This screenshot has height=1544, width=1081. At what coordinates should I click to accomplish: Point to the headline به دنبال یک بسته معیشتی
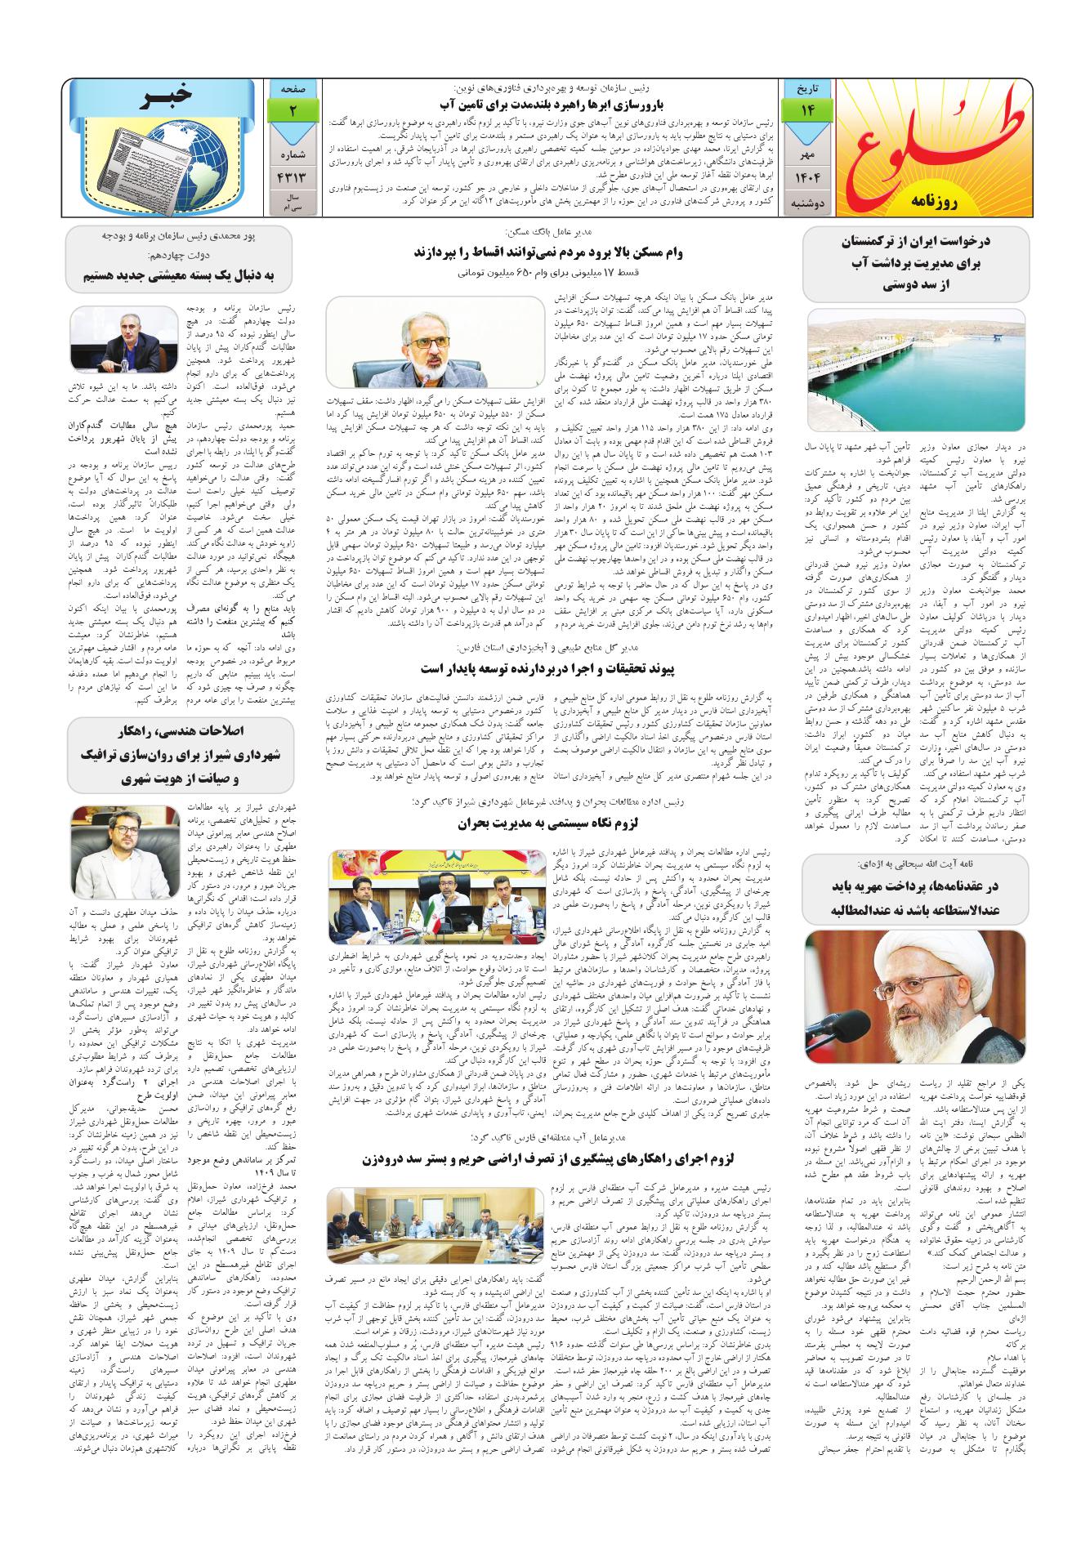pos(180,276)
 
